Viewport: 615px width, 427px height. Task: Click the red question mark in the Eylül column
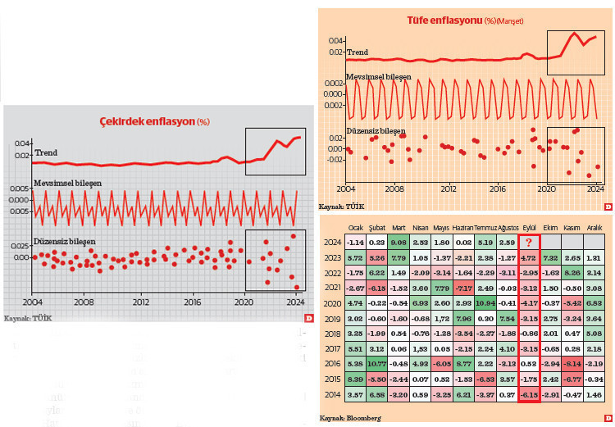529,243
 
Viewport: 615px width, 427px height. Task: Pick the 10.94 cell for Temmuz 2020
485,302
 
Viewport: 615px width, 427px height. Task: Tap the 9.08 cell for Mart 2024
399,243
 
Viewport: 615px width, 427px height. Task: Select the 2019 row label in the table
331,318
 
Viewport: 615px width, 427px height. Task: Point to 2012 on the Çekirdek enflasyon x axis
141,301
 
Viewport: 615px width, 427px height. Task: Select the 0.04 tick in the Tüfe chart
335,40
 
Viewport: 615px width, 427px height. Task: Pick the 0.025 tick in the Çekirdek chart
19,245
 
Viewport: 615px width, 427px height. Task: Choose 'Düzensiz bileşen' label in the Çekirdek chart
65,241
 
